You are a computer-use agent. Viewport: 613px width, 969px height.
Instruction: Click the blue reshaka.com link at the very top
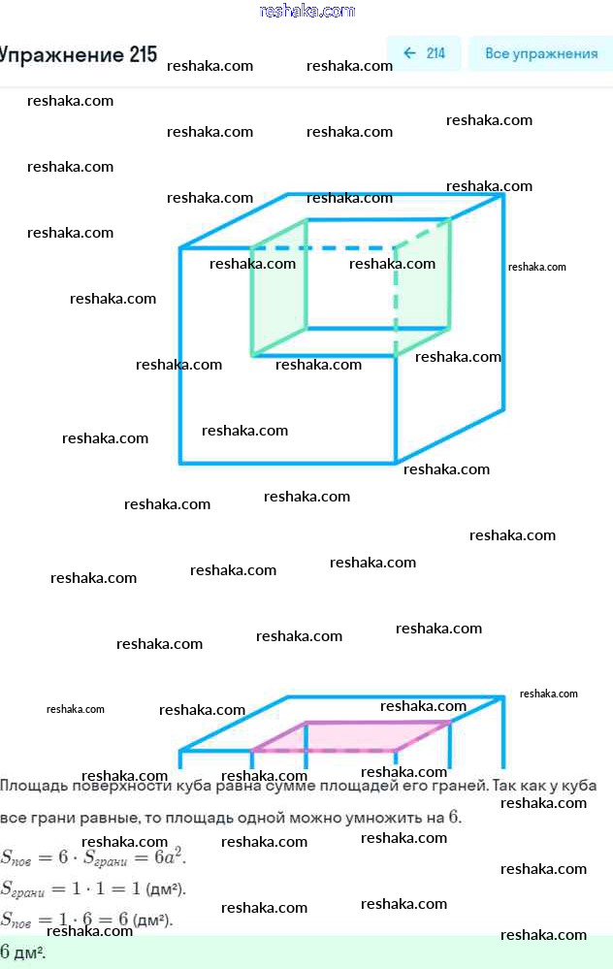coord(307,11)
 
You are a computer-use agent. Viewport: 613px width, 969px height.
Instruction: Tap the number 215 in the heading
coord(142,54)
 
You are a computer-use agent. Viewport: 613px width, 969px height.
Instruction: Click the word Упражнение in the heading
coord(60,54)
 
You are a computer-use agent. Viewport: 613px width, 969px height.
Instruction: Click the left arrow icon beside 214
coord(409,53)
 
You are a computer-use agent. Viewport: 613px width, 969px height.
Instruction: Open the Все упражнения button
coord(541,53)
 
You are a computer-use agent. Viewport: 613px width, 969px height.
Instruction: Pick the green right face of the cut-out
coord(423,287)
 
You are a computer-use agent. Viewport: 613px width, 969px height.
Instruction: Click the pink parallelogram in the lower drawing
coord(349,736)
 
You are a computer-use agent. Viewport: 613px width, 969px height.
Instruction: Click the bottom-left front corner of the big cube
coord(181,463)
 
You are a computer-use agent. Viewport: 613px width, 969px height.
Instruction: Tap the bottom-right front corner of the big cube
coord(396,463)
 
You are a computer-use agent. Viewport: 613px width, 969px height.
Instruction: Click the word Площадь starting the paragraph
coord(33,786)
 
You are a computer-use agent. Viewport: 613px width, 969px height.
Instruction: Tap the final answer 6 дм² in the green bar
coord(23,952)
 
